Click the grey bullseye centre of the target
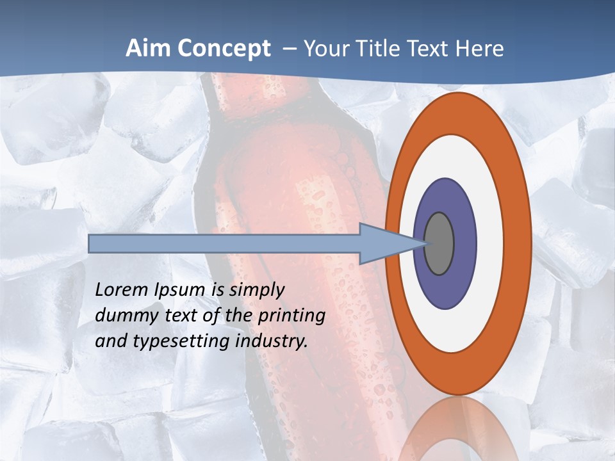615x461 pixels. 439,243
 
